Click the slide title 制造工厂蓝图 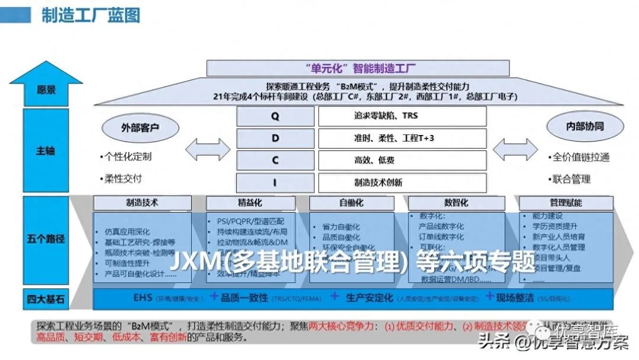[x=90, y=15]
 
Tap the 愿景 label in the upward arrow [x=46, y=90]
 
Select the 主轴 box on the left [x=46, y=150]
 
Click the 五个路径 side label [x=46, y=239]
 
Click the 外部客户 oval [x=140, y=127]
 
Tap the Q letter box [x=275, y=116]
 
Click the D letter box [x=275, y=139]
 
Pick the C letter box [x=275, y=160]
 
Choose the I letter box [x=275, y=182]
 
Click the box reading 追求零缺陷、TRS [x=402, y=116]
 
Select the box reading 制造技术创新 [x=402, y=182]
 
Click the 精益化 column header [x=250, y=203]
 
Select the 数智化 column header [x=456, y=203]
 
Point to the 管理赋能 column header [x=565, y=203]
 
